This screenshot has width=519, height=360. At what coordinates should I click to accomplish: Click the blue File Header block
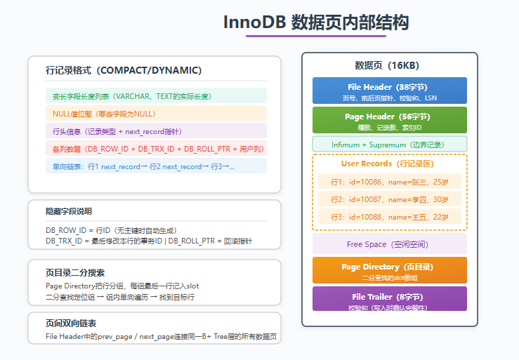click(390, 91)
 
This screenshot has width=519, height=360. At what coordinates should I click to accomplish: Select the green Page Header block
click(390, 120)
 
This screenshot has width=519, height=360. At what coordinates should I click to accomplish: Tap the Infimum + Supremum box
click(390, 145)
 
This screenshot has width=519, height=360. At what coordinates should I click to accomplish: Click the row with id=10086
click(390, 182)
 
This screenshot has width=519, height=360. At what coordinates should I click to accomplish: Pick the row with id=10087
click(390, 199)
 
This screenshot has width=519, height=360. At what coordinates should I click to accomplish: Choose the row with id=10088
click(390, 217)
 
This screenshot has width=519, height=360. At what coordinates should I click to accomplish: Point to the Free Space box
click(390, 244)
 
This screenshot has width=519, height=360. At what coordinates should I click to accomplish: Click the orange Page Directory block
click(390, 270)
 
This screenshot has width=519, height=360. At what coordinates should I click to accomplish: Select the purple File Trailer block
click(390, 299)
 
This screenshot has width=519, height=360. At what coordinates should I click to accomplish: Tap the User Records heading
click(388, 164)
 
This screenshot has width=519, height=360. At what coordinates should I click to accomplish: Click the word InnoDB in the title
click(254, 22)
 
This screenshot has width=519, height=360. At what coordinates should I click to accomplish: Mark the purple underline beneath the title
click(316, 36)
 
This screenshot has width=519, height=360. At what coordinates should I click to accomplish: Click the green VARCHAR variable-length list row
click(156, 95)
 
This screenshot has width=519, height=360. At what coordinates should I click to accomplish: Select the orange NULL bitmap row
click(156, 113)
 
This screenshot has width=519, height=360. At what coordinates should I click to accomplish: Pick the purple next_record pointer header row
click(156, 131)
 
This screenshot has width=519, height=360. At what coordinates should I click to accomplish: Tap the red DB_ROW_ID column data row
click(156, 148)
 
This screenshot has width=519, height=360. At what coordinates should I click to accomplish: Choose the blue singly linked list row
click(156, 166)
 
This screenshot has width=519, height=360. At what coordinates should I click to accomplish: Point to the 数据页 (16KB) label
click(387, 65)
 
